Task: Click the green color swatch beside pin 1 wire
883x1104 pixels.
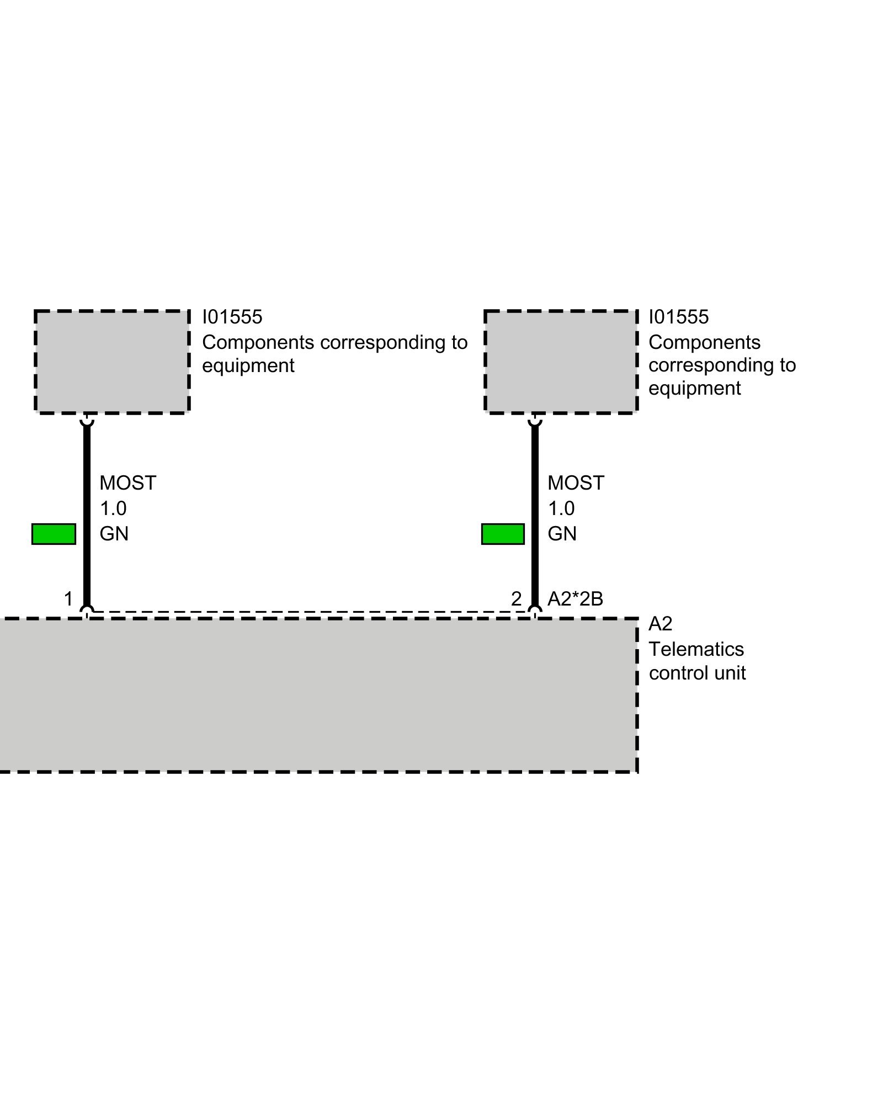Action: pyautogui.click(x=54, y=534)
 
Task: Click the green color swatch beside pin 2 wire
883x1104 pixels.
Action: pyautogui.click(x=503, y=534)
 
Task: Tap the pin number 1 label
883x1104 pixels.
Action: pyautogui.click(x=68, y=598)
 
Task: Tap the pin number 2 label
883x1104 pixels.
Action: pyautogui.click(x=516, y=598)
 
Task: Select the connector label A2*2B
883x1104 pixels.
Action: pyautogui.click(x=575, y=598)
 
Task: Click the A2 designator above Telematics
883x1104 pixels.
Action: pyautogui.click(x=660, y=624)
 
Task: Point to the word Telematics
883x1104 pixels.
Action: pyautogui.click(x=696, y=649)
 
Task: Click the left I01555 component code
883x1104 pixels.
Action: pyautogui.click(x=232, y=317)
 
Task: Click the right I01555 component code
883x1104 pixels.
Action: pyautogui.click(x=678, y=317)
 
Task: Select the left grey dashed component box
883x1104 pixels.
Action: pyautogui.click(x=112, y=362)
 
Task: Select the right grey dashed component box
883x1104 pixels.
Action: pyautogui.click(x=561, y=362)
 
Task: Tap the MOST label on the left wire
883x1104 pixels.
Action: pyautogui.click(x=127, y=483)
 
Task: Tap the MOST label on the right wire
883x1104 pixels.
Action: pyautogui.click(x=576, y=483)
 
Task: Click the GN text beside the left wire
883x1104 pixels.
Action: pyautogui.click(x=114, y=534)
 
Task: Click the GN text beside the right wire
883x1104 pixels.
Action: pyautogui.click(x=562, y=534)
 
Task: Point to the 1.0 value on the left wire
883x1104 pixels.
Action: pyautogui.click(x=113, y=508)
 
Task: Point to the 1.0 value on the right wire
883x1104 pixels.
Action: pyautogui.click(x=561, y=508)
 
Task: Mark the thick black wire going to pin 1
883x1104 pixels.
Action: pyautogui.click(x=87, y=513)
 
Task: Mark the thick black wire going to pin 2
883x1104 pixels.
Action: pyautogui.click(x=535, y=513)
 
